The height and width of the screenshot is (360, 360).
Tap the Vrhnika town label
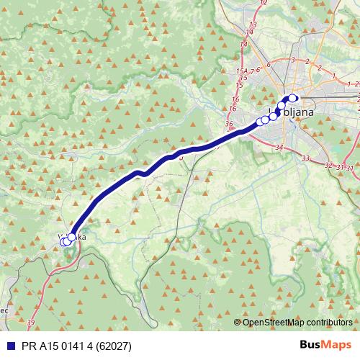point(72,236)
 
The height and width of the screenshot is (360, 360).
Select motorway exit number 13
point(251,25)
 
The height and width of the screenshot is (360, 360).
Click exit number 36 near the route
point(230,125)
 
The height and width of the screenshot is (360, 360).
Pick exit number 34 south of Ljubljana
point(279,148)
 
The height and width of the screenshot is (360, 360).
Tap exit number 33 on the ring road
point(306,158)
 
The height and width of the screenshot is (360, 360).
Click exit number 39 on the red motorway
point(30,322)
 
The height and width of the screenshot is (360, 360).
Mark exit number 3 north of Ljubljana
point(293,60)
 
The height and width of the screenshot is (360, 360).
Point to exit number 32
point(330,166)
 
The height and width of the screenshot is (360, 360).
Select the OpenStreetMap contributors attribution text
point(297,322)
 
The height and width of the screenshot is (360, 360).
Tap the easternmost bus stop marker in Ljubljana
point(292,98)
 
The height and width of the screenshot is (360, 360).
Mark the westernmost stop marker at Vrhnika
point(63,242)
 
